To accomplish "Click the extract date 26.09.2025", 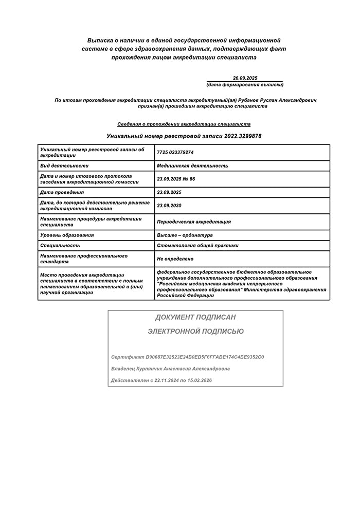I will coord(245,78).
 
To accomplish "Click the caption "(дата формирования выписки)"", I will coord(245,84).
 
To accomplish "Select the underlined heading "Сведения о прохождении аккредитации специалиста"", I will coord(184,124).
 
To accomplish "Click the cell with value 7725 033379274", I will coord(175,153).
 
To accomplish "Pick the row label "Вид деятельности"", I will coord(64,166).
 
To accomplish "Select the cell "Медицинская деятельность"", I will coord(192,166).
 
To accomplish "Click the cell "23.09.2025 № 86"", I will coord(176,179).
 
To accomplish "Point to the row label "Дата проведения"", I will coord(62,192).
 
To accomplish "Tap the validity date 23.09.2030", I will coord(169,206).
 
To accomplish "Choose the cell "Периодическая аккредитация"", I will coord(194,222).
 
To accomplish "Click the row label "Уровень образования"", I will coord(67,235).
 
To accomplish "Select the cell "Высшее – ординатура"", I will coord(185,235).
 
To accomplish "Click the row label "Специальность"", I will coord(60,246).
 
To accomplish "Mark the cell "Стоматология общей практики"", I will coord(197,246).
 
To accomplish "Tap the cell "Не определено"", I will coord(175,259).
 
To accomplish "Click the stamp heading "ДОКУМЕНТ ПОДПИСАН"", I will coord(195,318).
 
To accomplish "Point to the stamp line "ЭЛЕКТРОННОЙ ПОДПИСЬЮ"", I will coord(195,332).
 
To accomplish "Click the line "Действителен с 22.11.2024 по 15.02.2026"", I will coord(161,380).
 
